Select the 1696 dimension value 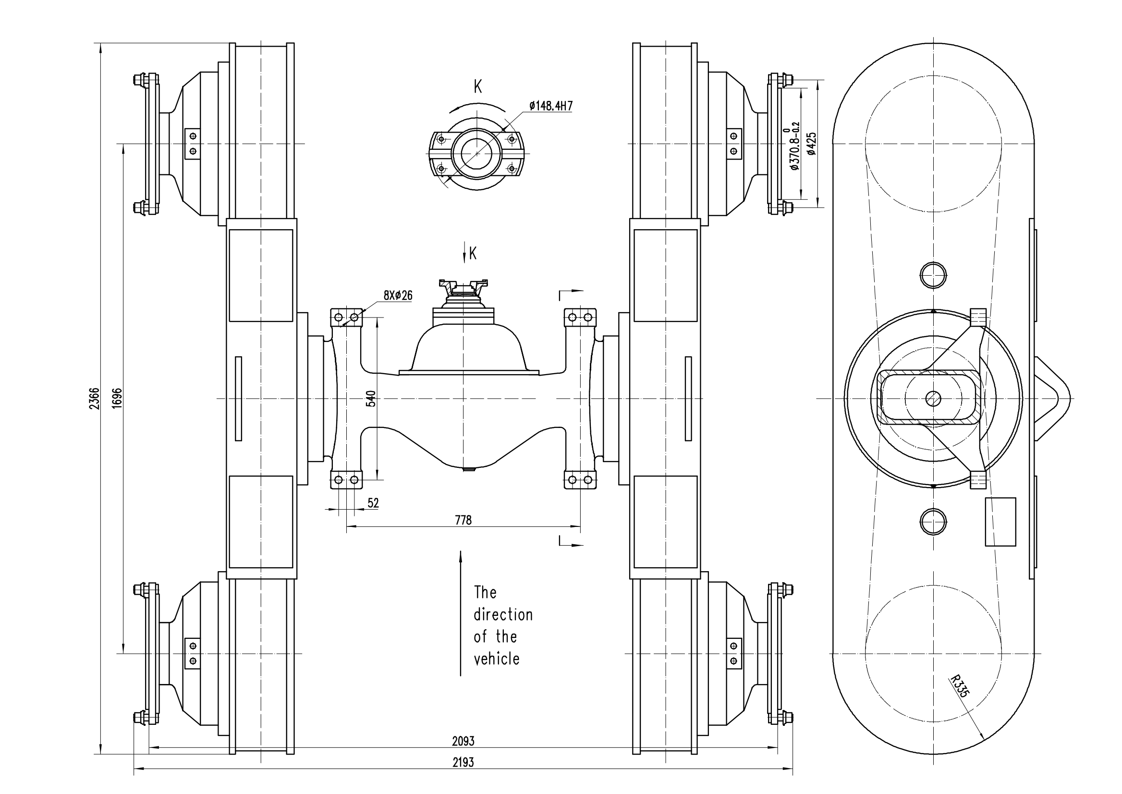(x=117, y=399)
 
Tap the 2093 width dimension (x=463, y=741)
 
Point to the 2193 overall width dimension (x=463, y=762)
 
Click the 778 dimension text (x=463, y=520)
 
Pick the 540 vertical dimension (x=371, y=399)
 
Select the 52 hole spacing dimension (x=373, y=503)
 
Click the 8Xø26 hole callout (x=398, y=295)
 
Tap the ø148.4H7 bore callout (x=550, y=106)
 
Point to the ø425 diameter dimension (x=812, y=144)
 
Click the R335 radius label (x=959, y=685)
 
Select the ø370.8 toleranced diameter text (x=794, y=146)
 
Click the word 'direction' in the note (x=503, y=614)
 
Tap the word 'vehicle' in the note (x=496, y=659)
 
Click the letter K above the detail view (x=477, y=87)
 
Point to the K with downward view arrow (x=472, y=253)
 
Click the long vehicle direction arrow (x=460, y=613)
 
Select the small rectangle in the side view (x=1000, y=522)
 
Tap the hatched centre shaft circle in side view (x=933, y=399)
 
